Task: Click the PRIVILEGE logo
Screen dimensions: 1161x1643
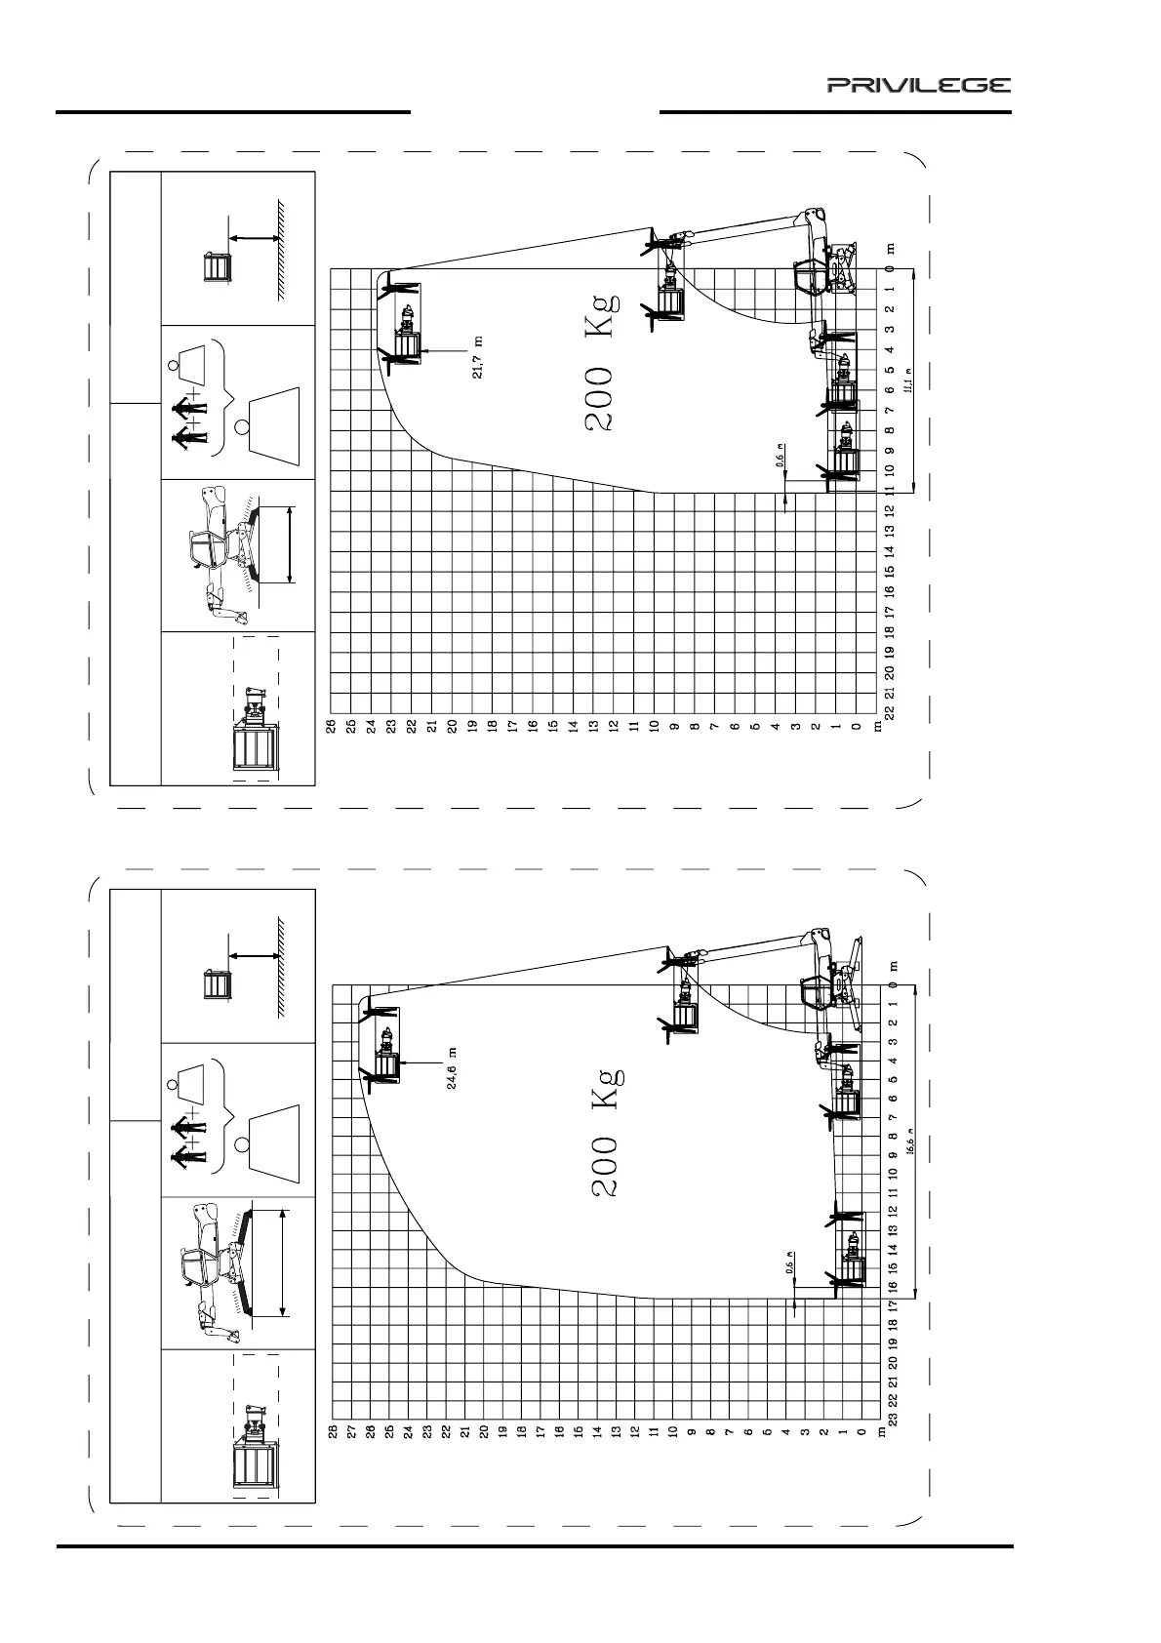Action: point(919,86)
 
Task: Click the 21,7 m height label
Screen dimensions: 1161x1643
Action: point(478,358)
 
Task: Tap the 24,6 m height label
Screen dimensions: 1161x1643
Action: point(454,1069)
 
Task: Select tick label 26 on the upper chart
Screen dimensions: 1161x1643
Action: point(331,727)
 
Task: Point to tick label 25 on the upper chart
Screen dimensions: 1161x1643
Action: point(350,727)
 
